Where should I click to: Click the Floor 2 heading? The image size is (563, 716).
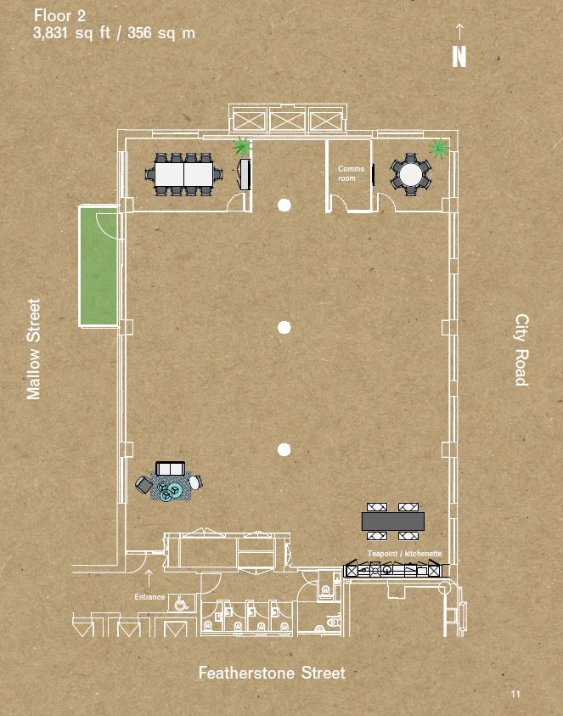click(59, 16)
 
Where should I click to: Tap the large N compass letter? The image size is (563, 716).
click(459, 57)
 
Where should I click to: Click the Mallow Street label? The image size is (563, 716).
click(33, 349)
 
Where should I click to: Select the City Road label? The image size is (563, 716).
click(521, 350)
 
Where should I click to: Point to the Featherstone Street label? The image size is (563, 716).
click(272, 673)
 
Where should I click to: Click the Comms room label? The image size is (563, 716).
click(351, 173)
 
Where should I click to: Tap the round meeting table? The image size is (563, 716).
click(410, 175)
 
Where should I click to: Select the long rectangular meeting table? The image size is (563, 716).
click(183, 174)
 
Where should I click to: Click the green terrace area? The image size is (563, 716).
click(99, 266)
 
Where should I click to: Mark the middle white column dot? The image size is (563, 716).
click(284, 327)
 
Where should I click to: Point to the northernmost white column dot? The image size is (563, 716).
click(284, 205)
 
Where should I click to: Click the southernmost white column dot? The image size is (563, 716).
click(284, 450)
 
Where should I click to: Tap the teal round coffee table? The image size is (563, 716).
click(172, 490)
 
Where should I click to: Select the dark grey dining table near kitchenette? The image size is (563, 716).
click(392, 521)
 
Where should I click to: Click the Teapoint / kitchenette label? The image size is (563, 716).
click(404, 554)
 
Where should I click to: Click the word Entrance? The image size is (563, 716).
click(149, 597)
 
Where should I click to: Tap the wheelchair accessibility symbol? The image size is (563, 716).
click(181, 604)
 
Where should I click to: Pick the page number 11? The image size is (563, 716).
click(515, 694)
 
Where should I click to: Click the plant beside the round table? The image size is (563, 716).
click(439, 148)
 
